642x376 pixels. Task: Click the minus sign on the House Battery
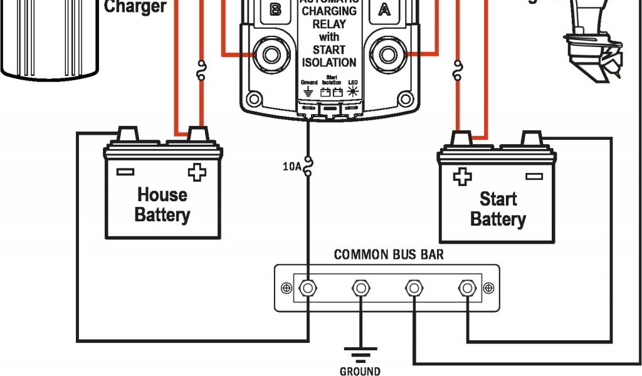(125, 171)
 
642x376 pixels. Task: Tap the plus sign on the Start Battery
(462, 177)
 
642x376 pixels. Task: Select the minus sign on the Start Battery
(534, 177)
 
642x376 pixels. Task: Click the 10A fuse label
(292, 167)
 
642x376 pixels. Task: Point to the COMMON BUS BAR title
(389, 255)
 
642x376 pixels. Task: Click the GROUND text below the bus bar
(360, 371)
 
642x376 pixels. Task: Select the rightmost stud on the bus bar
(466, 288)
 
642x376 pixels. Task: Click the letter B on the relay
(275, 9)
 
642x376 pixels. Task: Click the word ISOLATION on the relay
(329, 63)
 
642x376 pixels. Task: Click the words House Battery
(162, 204)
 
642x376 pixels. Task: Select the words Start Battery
(498, 209)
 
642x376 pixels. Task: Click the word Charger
(135, 7)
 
